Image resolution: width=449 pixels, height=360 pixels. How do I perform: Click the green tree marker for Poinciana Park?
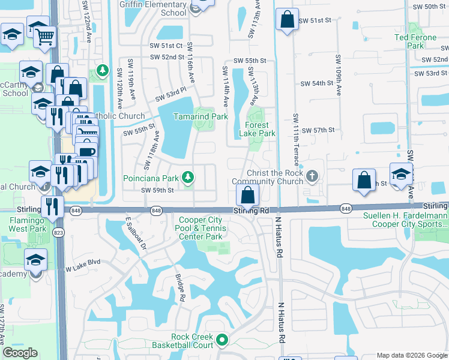point(188,177)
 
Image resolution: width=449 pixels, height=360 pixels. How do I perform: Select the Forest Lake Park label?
point(257,129)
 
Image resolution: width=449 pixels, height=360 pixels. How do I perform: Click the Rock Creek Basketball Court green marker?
point(222,340)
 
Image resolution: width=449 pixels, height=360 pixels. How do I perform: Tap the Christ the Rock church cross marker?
point(312,176)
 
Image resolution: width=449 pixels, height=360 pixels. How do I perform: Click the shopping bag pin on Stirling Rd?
point(247,194)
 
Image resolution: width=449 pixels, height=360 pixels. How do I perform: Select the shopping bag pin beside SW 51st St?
point(287,19)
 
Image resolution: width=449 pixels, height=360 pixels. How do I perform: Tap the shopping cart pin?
point(44,38)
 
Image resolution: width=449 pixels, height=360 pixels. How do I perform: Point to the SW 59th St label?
point(157,191)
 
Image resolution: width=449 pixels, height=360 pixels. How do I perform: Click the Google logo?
point(20,353)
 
